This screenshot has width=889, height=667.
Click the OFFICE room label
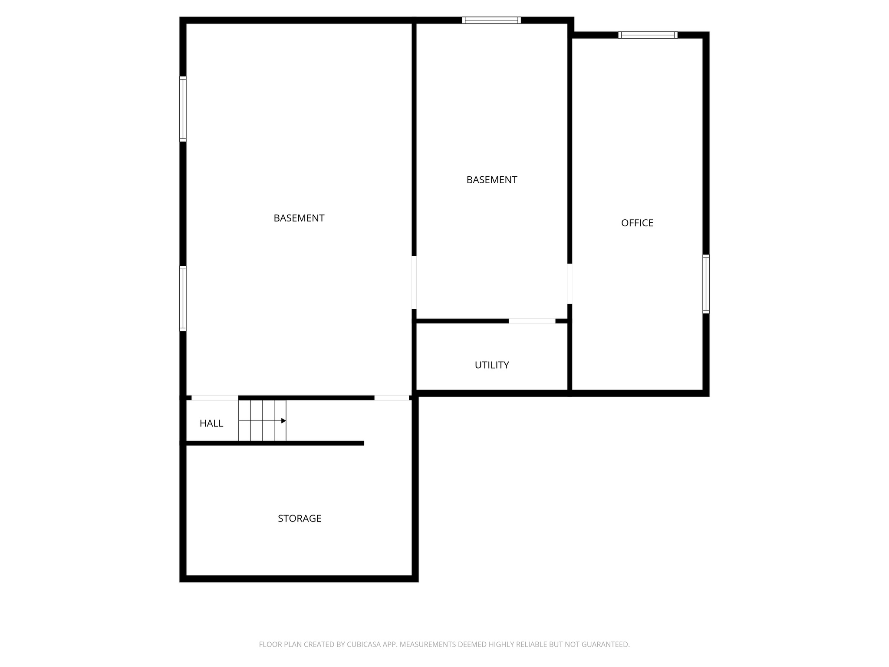pyautogui.click(x=637, y=223)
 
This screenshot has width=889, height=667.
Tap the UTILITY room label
pyautogui.click(x=491, y=365)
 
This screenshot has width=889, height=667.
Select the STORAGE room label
pyautogui.click(x=300, y=518)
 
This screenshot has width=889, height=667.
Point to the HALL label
pyautogui.click(x=211, y=423)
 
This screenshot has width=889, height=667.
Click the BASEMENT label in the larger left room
pyautogui.click(x=299, y=218)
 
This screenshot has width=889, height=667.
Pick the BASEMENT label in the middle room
pyautogui.click(x=491, y=180)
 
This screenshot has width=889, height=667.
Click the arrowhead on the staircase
pyautogui.click(x=283, y=421)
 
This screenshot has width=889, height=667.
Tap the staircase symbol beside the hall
pyautogui.click(x=262, y=420)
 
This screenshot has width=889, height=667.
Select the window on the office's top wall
pyautogui.click(x=648, y=35)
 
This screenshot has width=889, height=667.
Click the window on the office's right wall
pyautogui.click(x=706, y=284)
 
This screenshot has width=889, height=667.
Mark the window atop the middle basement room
pyautogui.click(x=491, y=20)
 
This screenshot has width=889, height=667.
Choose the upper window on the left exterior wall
pyautogui.click(x=183, y=109)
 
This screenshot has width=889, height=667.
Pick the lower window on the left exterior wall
pyautogui.click(x=183, y=298)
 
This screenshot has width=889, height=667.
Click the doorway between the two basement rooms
pyautogui.click(x=414, y=282)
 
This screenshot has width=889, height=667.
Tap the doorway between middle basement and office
pyautogui.click(x=570, y=284)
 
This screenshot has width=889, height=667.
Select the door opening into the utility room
pyautogui.click(x=532, y=321)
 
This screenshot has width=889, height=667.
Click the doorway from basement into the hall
pyautogui.click(x=215, y=398)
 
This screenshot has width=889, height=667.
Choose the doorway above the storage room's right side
pyautogui.click(x=392, y=398)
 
